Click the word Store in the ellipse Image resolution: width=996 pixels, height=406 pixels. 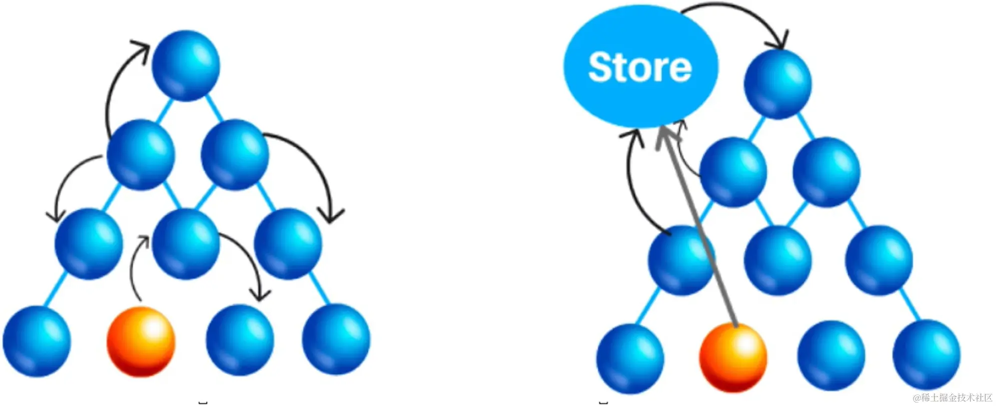[x=640, y=67]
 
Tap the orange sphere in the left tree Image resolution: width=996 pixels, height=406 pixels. [x=141, y=341]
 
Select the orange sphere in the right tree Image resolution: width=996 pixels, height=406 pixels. [x=733, y=357]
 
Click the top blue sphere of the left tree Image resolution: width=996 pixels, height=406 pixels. [x=186, y=66]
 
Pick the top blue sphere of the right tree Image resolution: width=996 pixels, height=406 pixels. [x=777, y=84]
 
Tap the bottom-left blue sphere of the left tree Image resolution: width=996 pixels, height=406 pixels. [x=37, y=341]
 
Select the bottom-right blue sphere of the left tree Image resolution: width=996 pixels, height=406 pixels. [x=336, y=339]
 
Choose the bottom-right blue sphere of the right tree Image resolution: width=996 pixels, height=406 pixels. [x=926, y=354]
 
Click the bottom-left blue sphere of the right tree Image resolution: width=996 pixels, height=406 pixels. [x=630, y=357]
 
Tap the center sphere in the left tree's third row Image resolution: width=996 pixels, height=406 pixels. [x=186, y=244]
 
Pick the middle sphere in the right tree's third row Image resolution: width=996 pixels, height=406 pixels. [x=777, y=260]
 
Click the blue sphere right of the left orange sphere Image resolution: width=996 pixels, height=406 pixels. [x=240, y=340]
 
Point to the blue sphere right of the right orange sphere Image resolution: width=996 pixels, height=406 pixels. [x=831, y=355]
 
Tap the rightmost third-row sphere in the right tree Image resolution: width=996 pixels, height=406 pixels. [x=878, y=260]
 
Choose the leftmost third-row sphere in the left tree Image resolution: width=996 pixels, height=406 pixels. [x=89, y=244]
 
